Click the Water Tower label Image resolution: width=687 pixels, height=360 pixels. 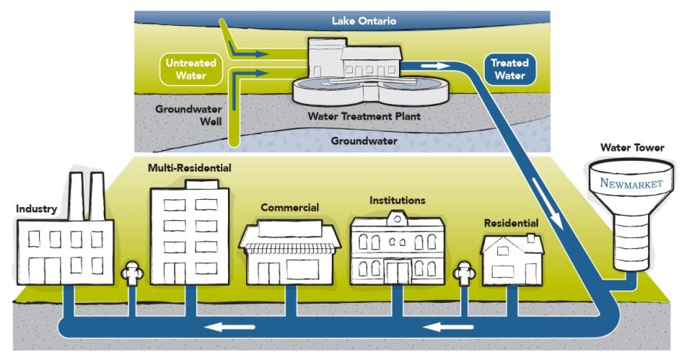click(631, 146)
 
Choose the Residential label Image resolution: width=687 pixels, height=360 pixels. click(511, 223)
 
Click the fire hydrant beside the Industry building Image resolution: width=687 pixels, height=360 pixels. click(132, 277)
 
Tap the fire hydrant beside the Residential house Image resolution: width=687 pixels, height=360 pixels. click(462, 277)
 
